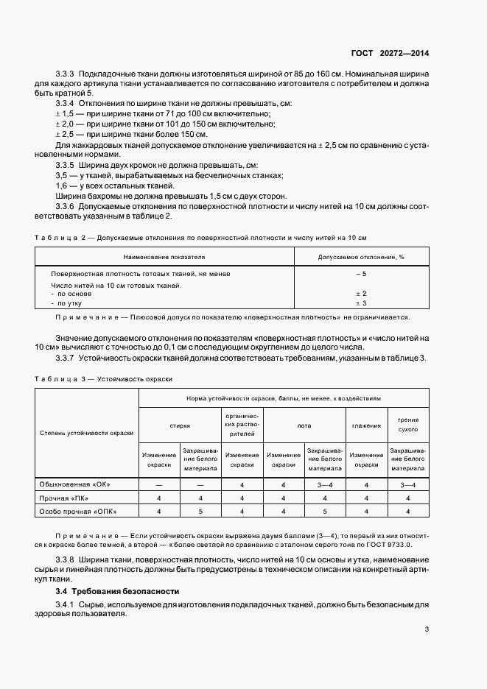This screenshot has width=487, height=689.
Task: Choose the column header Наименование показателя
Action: [164, 257]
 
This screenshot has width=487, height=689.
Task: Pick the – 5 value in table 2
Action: [361, 274]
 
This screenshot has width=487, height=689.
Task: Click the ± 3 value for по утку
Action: [361, 303]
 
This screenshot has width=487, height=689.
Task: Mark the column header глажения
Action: [366, 425]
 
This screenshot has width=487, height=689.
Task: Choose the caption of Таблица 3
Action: [103, 378]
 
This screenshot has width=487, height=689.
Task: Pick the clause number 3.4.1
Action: [67, 605]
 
